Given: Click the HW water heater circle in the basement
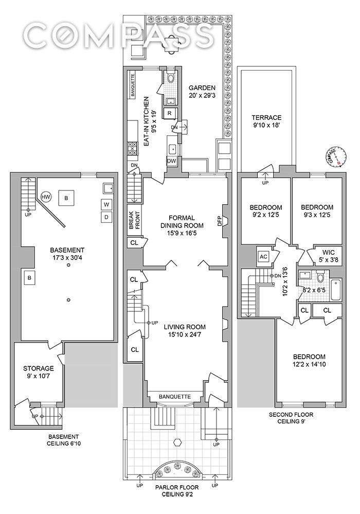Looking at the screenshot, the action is (x=46, y=197).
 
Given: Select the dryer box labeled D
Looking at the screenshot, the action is (x=106, y=217).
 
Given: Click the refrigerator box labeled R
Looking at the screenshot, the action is (x=169, y=113).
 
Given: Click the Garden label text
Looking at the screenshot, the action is (x=202, y=88).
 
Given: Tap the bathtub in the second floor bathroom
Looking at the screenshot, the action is (x=336, y=290).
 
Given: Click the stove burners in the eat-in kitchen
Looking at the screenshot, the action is (x=132, y=149).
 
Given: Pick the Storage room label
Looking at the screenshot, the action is (x=39, y=368).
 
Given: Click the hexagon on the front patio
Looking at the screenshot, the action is (x=178, y=442).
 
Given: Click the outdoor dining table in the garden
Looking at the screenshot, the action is (x=171, y=42).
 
